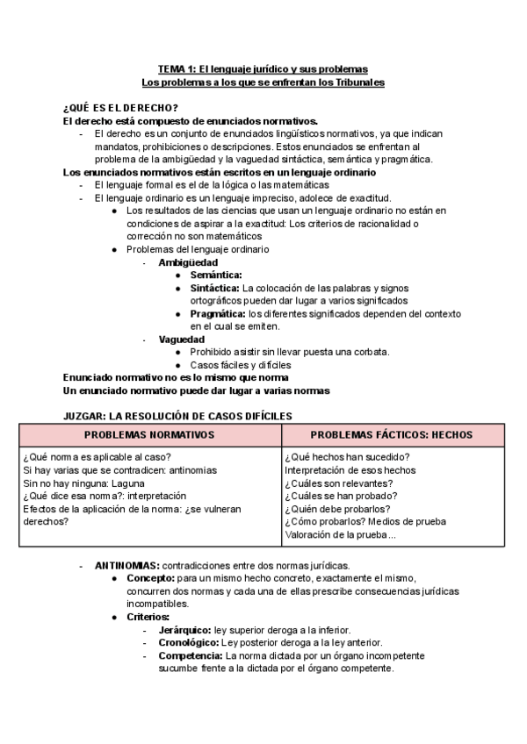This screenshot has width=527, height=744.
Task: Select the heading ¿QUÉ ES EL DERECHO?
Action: pos(121,108)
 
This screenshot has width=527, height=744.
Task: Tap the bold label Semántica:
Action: pos(216,275)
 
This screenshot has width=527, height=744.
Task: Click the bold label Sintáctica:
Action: pos(214,288)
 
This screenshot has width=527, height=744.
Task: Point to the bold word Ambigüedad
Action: pos(188,262)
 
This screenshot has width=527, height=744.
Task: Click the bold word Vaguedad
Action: pos(182,339)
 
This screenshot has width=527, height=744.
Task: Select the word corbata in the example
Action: pos(369,352)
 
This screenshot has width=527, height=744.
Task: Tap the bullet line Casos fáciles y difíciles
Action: pos(241,364)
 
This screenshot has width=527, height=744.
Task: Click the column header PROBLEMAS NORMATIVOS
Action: pos(149,435)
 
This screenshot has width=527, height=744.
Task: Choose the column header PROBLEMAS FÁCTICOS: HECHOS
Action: pos(392,435)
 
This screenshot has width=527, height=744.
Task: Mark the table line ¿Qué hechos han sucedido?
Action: pos(347,457)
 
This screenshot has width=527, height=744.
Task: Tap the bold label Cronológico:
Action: pos(189,642)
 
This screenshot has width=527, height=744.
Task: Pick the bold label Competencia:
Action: pos(191,655)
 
